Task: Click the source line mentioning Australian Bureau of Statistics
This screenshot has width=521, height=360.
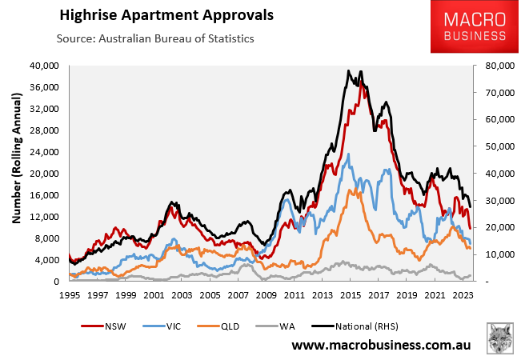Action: coord(155,38)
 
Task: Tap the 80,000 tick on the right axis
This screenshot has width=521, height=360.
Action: coord(493,65)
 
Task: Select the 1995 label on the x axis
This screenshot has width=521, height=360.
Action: coord(70,295)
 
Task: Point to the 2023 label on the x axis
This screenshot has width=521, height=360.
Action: coord(463,295)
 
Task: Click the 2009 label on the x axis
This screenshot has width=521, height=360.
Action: coord(267,295)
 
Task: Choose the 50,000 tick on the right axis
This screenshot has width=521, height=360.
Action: coord(493,146)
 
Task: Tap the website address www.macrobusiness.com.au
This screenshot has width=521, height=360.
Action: coord(380,346)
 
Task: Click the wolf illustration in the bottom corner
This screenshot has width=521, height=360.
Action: coord(500,339)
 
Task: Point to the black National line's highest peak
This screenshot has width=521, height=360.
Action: coord(348,70)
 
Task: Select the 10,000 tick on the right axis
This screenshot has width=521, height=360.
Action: coord(493,254)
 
